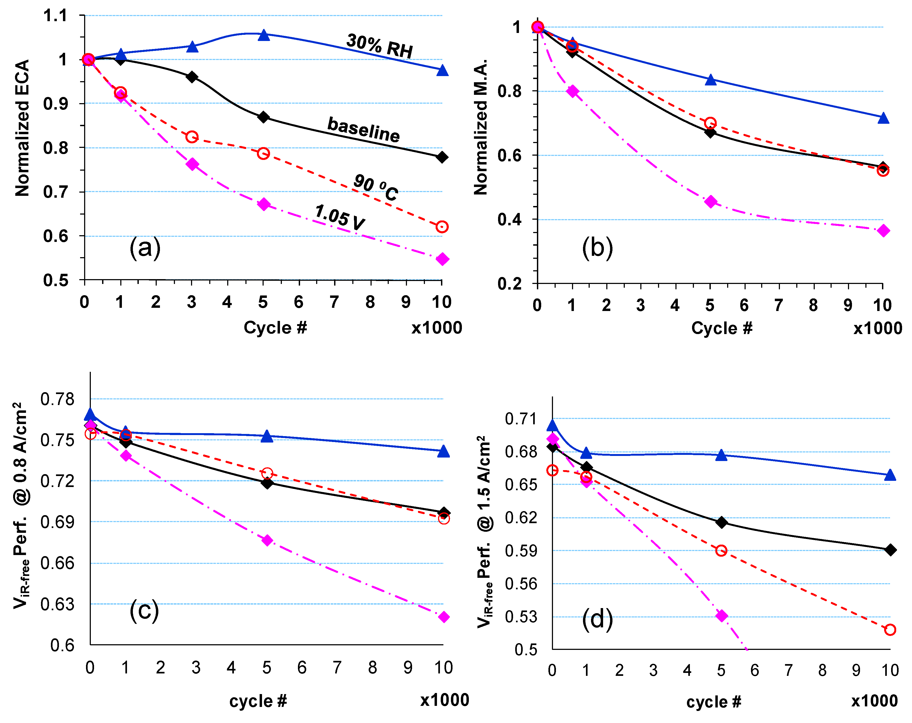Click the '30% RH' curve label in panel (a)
tap(379, 46)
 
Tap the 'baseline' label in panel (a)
tap(363, 129)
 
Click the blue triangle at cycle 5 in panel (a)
tap(264, 35)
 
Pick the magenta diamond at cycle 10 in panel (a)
tap(442, 259)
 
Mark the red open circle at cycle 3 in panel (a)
tap(192, 137)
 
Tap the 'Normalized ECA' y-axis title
tap(22, 128)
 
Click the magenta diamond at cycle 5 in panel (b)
tap(711, 201)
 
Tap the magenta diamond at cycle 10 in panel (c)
tap(444, 617)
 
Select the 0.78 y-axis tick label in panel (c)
tap(57, 399)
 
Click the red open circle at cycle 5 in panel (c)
tap(267, 473)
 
